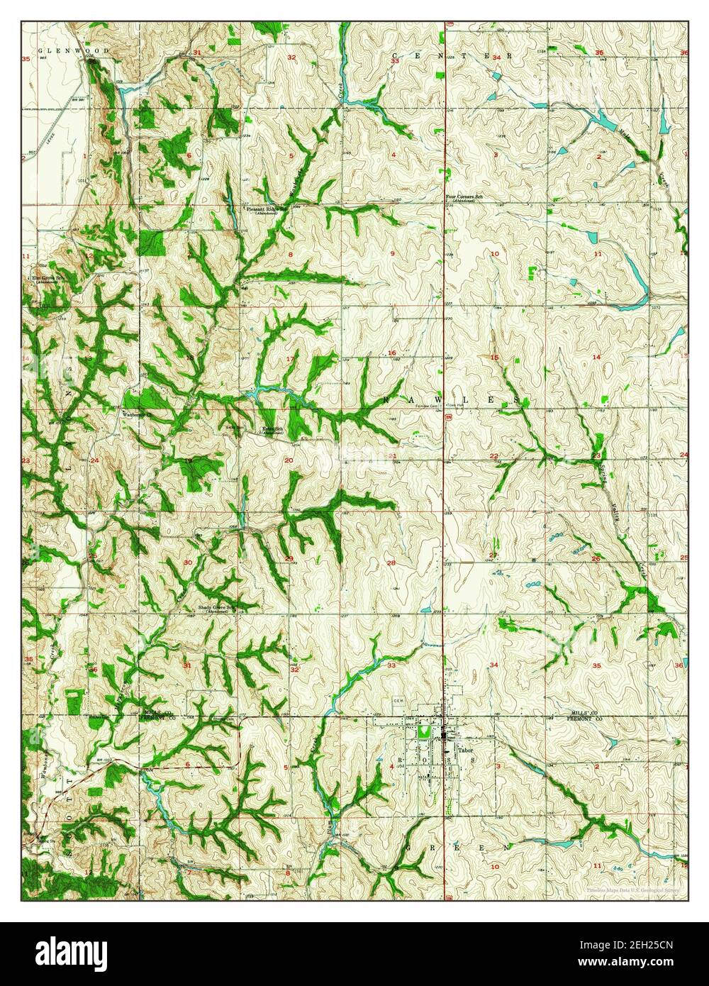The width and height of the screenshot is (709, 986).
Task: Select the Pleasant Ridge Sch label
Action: coord(265,210)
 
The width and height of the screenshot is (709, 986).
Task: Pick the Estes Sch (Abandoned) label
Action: coord(274,431)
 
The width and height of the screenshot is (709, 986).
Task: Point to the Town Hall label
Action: coord(454,406)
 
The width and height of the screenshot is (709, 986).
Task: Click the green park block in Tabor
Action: coord(423,729)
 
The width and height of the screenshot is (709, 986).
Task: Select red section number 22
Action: coord(493,455)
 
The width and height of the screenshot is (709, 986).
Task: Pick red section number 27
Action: coord(493,554)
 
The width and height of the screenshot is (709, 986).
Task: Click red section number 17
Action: coord(289,359)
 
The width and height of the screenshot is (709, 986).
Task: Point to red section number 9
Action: coord(392,253)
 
